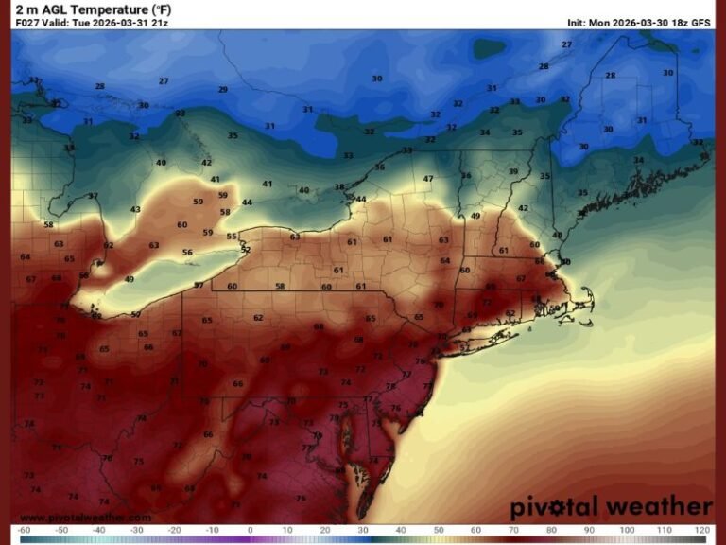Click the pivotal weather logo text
pos(611,507)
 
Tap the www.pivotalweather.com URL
pos(85,518)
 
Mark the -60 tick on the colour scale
pos(24,530)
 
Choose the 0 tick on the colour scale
pos(250,530)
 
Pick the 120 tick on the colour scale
pos(700,530)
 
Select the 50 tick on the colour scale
pos(438,530)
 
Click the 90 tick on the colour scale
pos(588,530)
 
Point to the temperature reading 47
pos(428,179)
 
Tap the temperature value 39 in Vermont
pos(513,171)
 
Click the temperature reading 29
pos(223,90)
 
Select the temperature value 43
pos(135,210)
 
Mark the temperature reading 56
pos(187,253)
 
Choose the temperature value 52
pos(245,250)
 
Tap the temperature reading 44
pos(248,202)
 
